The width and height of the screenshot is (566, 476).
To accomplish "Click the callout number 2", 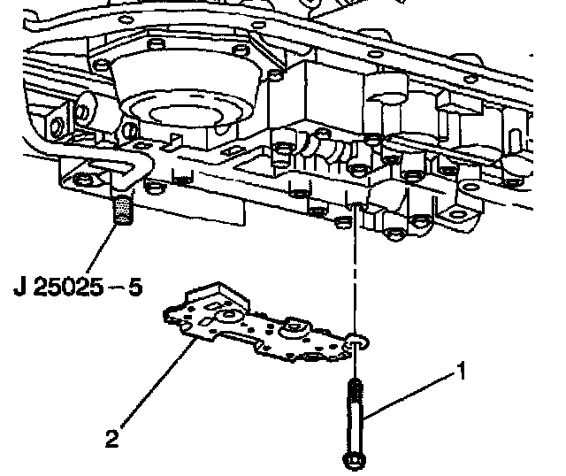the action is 112,438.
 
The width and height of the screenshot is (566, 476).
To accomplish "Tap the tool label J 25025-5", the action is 78,288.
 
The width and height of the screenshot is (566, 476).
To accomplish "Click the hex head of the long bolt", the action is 354,460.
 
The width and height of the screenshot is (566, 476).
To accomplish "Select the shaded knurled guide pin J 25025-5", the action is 122,210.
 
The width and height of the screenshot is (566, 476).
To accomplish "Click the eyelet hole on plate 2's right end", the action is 356,342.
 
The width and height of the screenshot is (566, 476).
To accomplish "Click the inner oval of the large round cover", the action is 186,115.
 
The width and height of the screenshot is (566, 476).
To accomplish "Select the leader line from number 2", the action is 158,382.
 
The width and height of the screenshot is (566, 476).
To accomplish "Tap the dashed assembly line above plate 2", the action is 355,267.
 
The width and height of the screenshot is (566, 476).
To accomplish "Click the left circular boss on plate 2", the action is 227,315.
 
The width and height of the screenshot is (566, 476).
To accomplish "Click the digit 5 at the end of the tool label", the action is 135,288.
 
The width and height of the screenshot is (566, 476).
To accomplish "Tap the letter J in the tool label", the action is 20,288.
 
